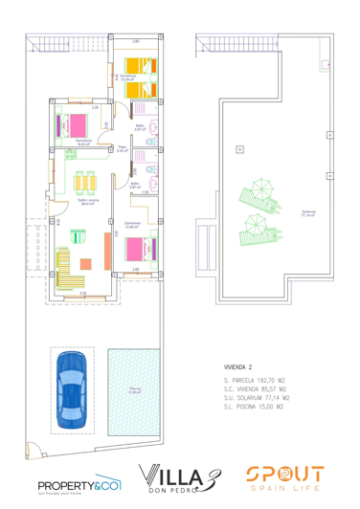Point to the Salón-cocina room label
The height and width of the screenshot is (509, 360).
87,202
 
